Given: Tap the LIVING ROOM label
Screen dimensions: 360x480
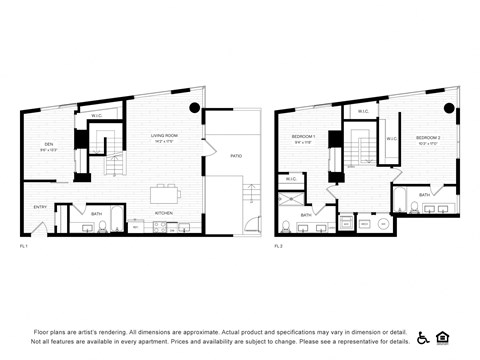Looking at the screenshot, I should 165,136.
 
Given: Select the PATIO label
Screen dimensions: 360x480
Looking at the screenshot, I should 236,156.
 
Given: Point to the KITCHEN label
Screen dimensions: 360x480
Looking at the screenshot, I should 164,213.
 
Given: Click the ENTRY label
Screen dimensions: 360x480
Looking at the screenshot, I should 40,207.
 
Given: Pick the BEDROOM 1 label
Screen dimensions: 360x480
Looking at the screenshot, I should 304,136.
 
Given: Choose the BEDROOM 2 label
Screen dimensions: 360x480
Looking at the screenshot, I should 428,137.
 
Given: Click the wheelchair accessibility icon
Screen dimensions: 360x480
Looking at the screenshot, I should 422,337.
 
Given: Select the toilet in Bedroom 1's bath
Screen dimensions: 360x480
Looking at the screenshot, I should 285,226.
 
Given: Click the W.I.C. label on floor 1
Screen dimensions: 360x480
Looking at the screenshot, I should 97,116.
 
